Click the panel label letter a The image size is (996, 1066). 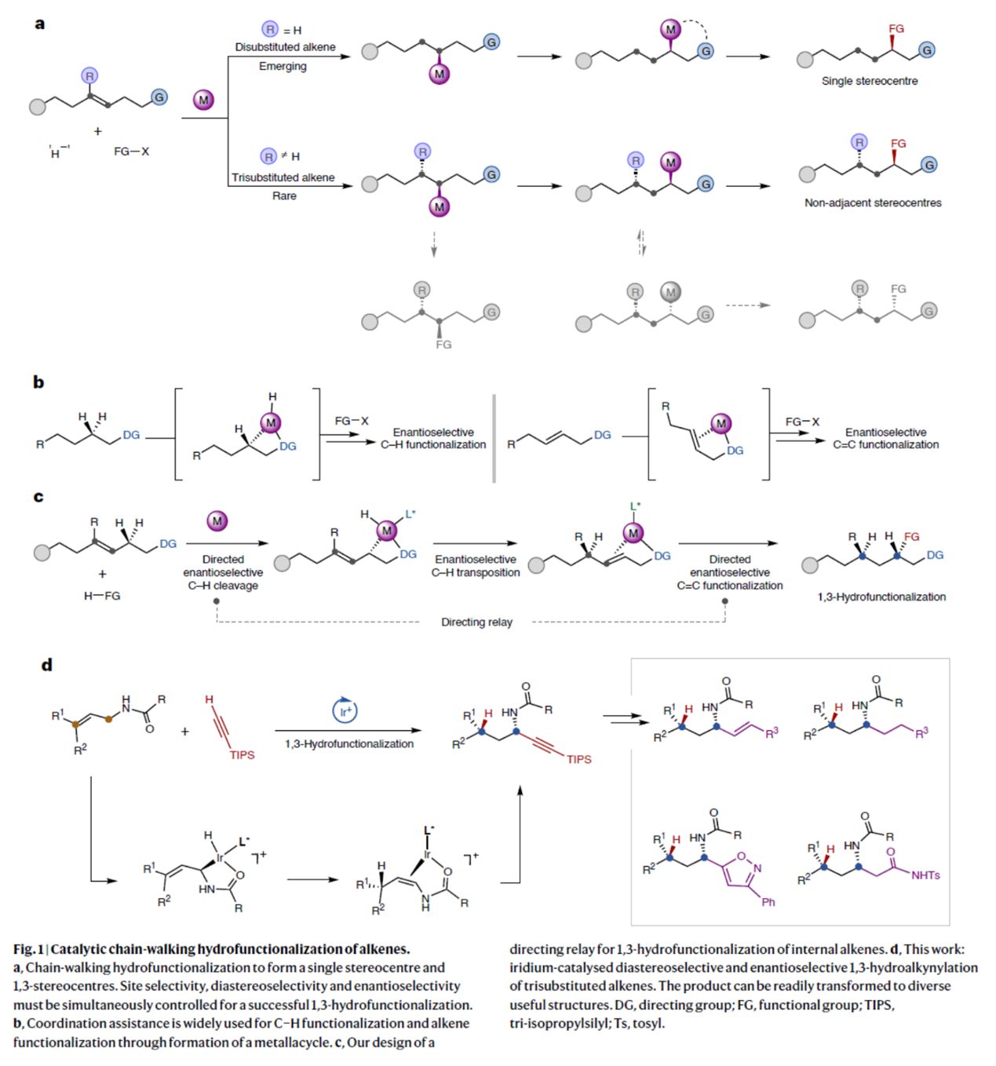39,24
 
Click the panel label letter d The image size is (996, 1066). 46,665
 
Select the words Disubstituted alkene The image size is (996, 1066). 285,47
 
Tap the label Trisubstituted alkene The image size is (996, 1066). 283,177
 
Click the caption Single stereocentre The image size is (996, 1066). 869,81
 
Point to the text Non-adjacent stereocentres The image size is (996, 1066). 872,203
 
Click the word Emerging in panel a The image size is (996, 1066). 283,67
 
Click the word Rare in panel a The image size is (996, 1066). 284,196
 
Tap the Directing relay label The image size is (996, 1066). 476,622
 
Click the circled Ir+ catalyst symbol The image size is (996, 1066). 345,711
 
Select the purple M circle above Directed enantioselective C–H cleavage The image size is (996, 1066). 217,520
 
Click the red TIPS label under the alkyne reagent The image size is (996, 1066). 242,755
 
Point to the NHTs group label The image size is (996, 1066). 925,875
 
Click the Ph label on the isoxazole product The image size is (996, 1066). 768,902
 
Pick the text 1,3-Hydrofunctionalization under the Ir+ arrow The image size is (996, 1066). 349,743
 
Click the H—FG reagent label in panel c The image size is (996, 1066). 102,596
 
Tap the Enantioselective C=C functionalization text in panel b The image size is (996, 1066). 885,438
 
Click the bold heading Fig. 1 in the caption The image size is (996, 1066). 27,949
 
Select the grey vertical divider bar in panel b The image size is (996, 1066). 494,438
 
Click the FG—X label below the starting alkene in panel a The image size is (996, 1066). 131,152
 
